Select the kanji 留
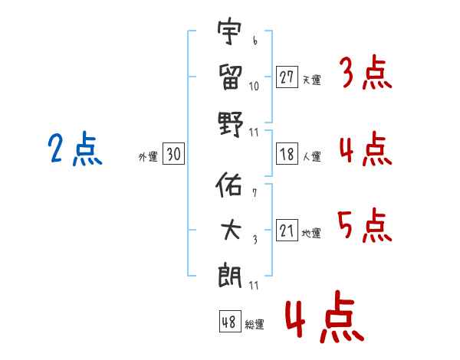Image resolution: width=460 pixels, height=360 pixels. tap(230, 77)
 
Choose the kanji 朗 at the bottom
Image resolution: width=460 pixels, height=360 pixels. tap(230, 274)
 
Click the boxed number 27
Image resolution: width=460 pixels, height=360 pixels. tap(287, 77)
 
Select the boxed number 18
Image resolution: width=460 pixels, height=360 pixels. tap(287, 154)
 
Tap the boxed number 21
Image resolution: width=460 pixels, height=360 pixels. tap(287, 231)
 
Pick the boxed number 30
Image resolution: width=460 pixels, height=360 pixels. tap(173, 155)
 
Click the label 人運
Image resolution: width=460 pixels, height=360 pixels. tap(311, 156)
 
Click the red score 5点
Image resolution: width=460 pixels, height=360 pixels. tap(364, 226)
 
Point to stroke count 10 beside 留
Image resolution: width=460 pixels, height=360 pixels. tap(254, 85)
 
